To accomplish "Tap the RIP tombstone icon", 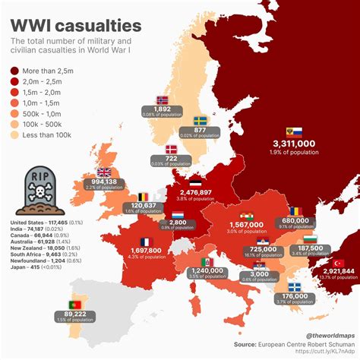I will [39, 188].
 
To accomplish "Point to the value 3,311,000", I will [293, 143].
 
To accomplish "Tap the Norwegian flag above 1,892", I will [162, 99].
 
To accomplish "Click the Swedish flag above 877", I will [201, 120].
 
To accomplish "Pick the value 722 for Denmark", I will [171, 157].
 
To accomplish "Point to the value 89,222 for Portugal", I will [80, 314].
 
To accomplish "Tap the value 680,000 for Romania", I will [295, 219].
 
